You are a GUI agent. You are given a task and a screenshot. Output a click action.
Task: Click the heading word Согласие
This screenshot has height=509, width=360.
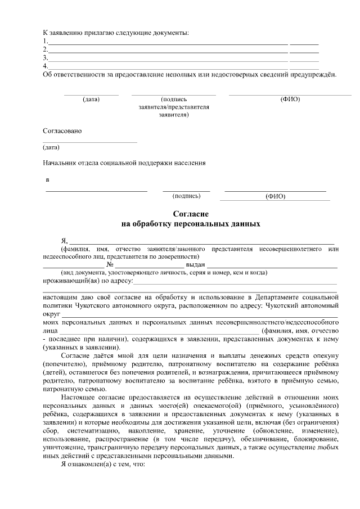pyautogui.click(x=191, y=214)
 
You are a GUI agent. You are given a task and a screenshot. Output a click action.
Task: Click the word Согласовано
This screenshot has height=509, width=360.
pyautogui.click(x=62, y=131)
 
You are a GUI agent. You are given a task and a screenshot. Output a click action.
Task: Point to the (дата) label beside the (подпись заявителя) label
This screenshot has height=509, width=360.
pyautogui.click(x=91, y=100)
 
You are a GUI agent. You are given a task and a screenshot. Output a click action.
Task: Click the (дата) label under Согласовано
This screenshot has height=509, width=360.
pyautogui.click(x=51, y=147)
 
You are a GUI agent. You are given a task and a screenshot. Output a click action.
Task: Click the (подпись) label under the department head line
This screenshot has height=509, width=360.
pyautogui.click(x=186, y=196)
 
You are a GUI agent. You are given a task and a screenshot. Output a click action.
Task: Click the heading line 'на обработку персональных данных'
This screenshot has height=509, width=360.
pyautogui.click(x=191, y=223)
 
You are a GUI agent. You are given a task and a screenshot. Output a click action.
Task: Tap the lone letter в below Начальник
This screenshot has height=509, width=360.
pyautogui.click(x=47, y=180)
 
